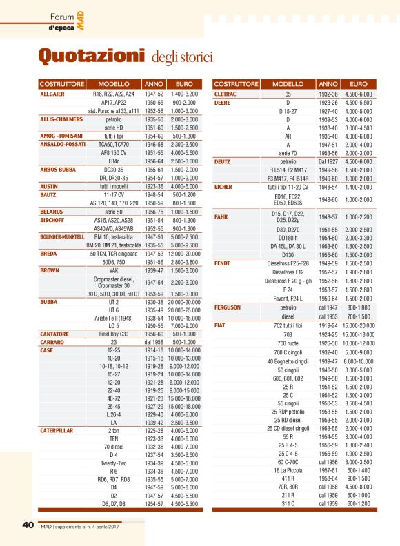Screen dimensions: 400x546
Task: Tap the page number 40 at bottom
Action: (28, 525)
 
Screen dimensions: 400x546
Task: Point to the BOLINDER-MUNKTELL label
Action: (62, 236)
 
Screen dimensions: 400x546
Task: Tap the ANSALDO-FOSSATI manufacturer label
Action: (63, 144)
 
